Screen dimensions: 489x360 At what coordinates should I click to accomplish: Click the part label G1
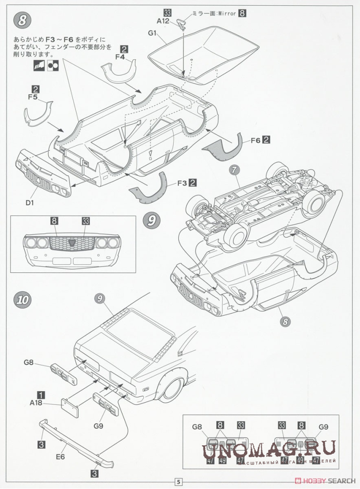pos(152,33)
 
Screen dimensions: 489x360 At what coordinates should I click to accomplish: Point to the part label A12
pos(163,21)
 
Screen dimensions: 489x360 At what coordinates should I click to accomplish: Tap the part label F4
pos(120,57)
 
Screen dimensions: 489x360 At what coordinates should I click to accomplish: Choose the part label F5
pos(33,96)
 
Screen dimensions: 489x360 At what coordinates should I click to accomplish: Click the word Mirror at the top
pos(226,13)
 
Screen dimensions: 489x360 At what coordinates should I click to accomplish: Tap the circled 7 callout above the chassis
pos(234,170)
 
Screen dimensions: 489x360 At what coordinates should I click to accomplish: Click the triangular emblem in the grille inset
pos(70,243)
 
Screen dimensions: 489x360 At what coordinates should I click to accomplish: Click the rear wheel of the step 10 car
pos(172,388)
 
